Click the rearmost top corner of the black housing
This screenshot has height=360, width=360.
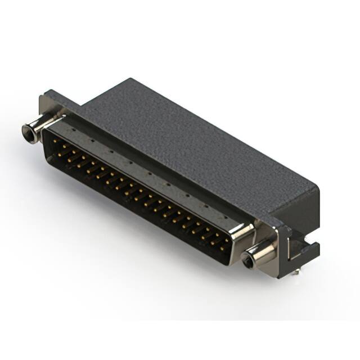click(x=131, y=79)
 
